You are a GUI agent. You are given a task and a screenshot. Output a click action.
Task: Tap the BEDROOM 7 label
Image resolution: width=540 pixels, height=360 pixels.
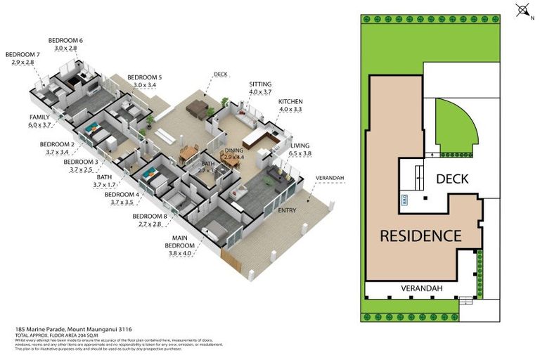click(22, 54)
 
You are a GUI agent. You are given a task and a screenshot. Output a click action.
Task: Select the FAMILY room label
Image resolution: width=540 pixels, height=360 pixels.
click(39, 116)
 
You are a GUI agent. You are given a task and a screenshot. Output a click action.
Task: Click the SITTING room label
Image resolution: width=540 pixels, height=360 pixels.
click(259, 84)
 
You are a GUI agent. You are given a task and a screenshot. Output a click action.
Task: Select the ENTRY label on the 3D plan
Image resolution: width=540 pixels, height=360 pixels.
click(287, 210)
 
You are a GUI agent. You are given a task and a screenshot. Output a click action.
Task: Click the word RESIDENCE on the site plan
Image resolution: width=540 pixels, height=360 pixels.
click(420, 236)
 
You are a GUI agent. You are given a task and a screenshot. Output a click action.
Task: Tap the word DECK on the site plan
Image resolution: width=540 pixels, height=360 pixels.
click(451, 179)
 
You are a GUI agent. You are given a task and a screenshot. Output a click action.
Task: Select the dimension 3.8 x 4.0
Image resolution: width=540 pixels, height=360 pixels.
click(180, 253)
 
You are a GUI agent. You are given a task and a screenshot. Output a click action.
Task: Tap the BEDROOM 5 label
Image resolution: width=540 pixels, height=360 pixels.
click(144, 77)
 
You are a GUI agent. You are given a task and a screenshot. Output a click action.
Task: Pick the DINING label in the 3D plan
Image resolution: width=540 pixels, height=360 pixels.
click(234, 150)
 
